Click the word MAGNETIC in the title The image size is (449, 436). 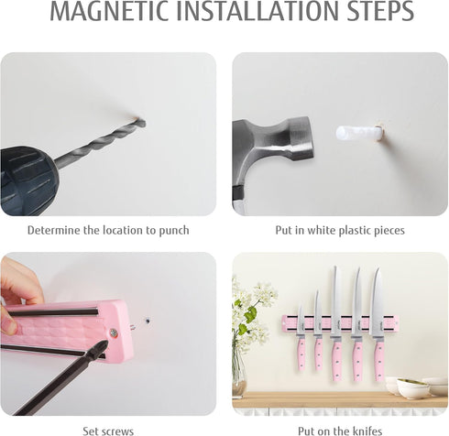(109, 11)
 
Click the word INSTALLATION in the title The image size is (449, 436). (257, 11)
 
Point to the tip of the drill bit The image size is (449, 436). (144, 123)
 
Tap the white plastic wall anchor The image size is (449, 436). (359, 133)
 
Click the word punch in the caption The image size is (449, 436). (174, 231)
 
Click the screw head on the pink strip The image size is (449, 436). (114, 333)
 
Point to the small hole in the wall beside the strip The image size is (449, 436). (148, 322)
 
